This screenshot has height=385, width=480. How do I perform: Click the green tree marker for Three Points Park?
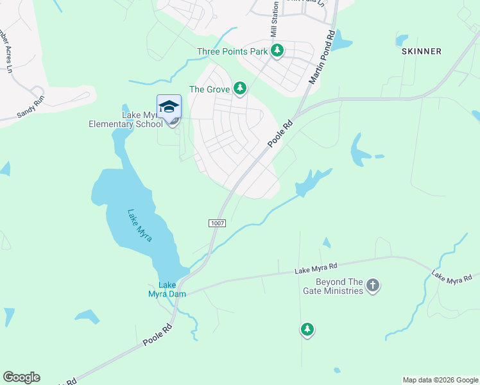point(277,50)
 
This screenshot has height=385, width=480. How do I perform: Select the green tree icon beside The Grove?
point(240,88)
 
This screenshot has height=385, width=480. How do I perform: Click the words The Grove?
point(209,89)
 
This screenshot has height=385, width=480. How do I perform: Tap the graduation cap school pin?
point(169,107)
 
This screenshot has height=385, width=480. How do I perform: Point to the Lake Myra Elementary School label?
point(125,119)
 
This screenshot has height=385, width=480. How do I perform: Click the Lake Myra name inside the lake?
point(139,226)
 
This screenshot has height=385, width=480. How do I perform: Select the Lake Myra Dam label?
point(167,289)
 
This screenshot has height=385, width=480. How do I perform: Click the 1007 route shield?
point(217,222)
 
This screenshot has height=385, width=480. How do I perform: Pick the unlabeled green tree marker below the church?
point(307,330)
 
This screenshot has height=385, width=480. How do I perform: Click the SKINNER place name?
point(421,51)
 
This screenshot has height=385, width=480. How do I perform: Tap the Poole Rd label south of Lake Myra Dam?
point(158,335)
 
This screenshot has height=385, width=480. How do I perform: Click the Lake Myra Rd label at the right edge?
point(454,276)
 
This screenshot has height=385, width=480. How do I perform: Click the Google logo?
point(21,377)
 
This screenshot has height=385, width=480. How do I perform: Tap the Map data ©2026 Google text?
point(440,380)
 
